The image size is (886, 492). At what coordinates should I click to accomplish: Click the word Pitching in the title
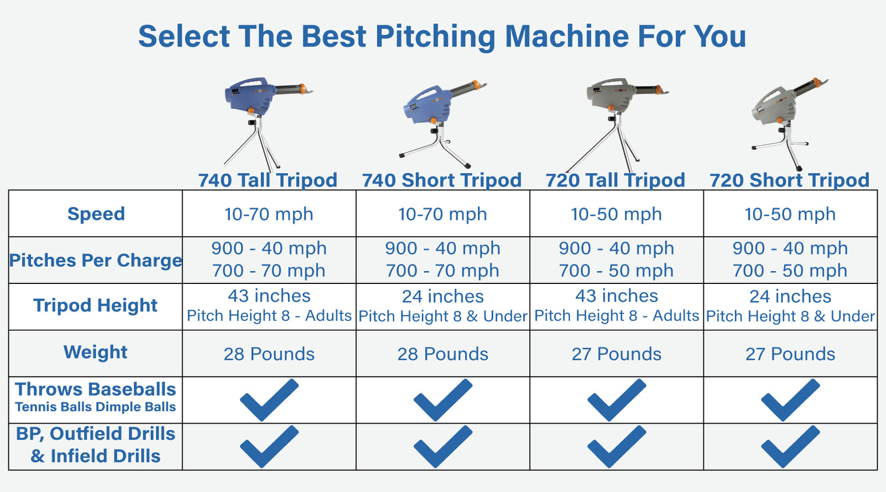coord(435,37)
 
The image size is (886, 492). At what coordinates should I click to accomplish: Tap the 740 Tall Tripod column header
coord(268,180)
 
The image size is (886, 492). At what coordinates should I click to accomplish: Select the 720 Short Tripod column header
coord(790,180)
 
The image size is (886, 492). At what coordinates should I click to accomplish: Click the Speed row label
coord(96,214)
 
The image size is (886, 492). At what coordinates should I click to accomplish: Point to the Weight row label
coord(95,352)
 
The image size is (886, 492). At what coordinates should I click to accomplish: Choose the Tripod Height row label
coord(95,305)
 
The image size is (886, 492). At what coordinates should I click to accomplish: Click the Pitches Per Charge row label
coord(95,260)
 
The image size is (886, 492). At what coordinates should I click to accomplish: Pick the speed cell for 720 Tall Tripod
coord(616,214)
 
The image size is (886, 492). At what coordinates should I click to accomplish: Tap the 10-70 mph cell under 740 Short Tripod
coord(442,214)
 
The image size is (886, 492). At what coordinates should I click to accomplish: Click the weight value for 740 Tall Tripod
coord(269,354)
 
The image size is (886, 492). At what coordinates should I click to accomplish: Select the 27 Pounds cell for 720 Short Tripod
coord(790,354)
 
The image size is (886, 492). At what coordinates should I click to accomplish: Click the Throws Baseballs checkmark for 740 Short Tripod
coord(443,400)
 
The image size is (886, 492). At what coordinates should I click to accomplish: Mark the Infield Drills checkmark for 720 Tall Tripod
coord(616,446)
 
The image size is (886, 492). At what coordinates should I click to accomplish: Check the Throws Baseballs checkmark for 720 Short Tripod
coord(790,400)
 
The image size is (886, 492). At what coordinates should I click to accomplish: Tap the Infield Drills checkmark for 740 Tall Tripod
coord(269,446)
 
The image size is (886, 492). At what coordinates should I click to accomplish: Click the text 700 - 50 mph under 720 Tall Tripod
coord(616,271)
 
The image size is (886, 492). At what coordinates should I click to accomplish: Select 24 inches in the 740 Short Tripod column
coord(443,296)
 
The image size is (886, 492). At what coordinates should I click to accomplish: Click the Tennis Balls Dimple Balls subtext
coord(95,407)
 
